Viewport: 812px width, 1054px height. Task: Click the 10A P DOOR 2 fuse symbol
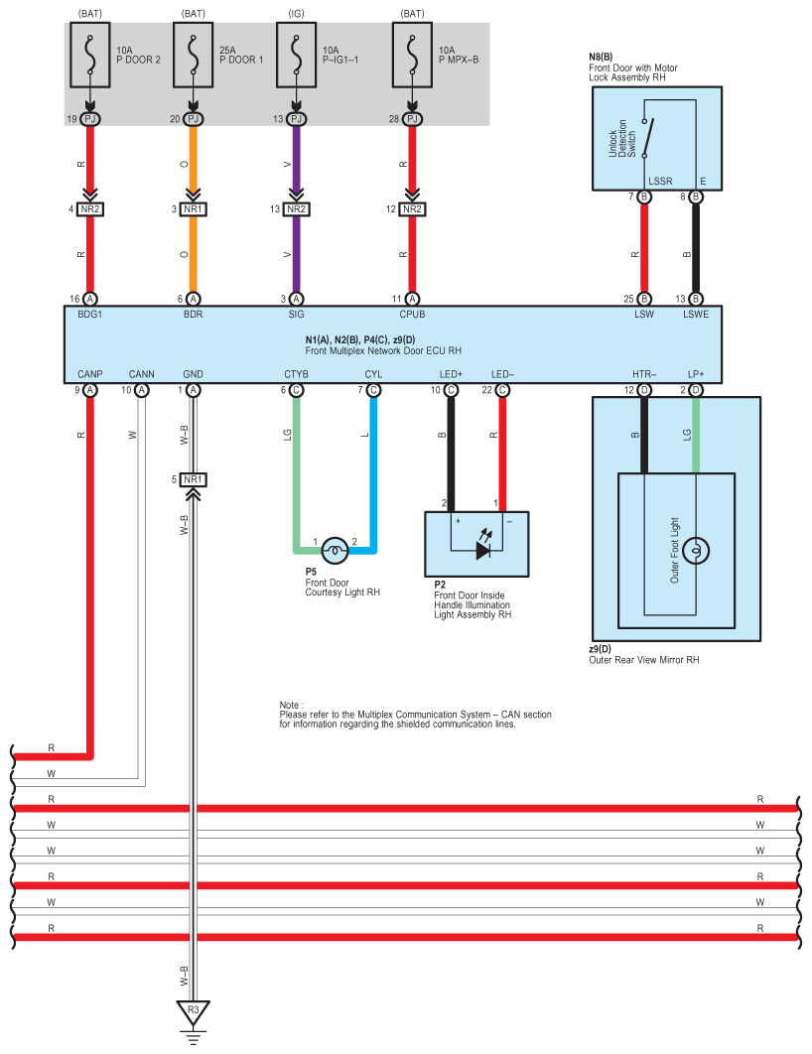[90, 56]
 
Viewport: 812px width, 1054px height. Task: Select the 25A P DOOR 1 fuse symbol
[193, 56]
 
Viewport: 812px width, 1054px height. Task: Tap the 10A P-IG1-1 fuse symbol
[297, 56]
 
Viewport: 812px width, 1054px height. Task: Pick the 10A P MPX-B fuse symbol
[412, 56]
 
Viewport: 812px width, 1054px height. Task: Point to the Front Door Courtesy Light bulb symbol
[335, 551]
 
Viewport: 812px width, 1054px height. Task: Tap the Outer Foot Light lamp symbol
[696, 551]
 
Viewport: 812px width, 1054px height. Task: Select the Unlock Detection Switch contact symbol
[647, 139]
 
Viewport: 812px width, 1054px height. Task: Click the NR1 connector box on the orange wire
[193, 209]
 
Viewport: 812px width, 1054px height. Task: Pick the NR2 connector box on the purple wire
[297, 209]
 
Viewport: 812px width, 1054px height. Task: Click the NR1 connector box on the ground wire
[193, 479]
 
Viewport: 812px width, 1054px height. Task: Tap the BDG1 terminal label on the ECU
[90, 314]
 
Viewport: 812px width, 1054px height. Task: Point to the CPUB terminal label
[412, 314]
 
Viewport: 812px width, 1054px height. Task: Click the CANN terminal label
[141, 374]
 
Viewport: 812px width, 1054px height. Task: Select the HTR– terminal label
[644, 374]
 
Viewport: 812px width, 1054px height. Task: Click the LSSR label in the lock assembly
[660, 181]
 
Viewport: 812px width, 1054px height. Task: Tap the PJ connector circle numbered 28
[412, 119]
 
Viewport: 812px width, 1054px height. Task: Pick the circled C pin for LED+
[451, 390]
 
